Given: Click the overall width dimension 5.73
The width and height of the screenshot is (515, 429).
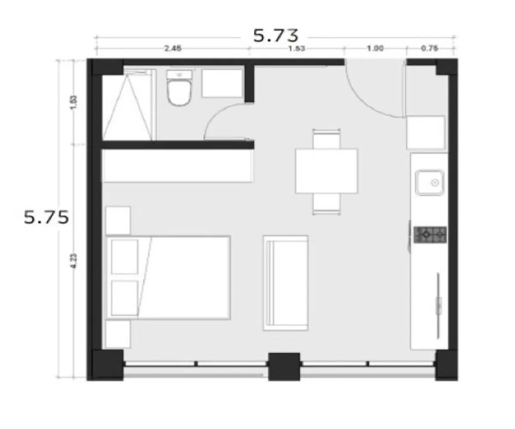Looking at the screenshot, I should tap(276, 35).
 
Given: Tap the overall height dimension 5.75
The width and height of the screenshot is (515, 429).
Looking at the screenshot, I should tap(46, 218).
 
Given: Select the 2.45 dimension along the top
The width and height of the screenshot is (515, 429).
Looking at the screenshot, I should tap(173, 48).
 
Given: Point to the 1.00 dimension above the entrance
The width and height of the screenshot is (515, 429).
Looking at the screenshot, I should tap(375, 48).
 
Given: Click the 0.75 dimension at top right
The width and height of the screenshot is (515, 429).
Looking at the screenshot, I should tap(429, 48).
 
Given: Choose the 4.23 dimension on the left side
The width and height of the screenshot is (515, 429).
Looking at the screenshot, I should tap(73, 261).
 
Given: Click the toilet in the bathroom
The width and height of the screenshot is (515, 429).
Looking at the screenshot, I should tap(179, 89).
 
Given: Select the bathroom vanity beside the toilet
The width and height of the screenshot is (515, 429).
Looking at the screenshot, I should tap(222, 83).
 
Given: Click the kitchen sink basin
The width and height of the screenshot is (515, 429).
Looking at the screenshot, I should tap(429, 183).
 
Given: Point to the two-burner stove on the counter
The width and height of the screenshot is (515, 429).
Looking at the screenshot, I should tap(430, 235).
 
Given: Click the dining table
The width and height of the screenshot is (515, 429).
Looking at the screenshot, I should tap(327, 171).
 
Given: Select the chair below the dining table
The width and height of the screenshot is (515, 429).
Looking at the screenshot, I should tap(327, 202).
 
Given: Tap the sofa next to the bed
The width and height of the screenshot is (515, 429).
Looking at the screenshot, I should tap(286, 283).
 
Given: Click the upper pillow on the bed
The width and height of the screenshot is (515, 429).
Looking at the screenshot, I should tap(124, 257).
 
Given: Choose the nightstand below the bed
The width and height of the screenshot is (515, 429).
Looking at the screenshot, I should tap(118, 334).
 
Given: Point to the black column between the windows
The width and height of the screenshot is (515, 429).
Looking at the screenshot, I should tap(284, 366).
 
